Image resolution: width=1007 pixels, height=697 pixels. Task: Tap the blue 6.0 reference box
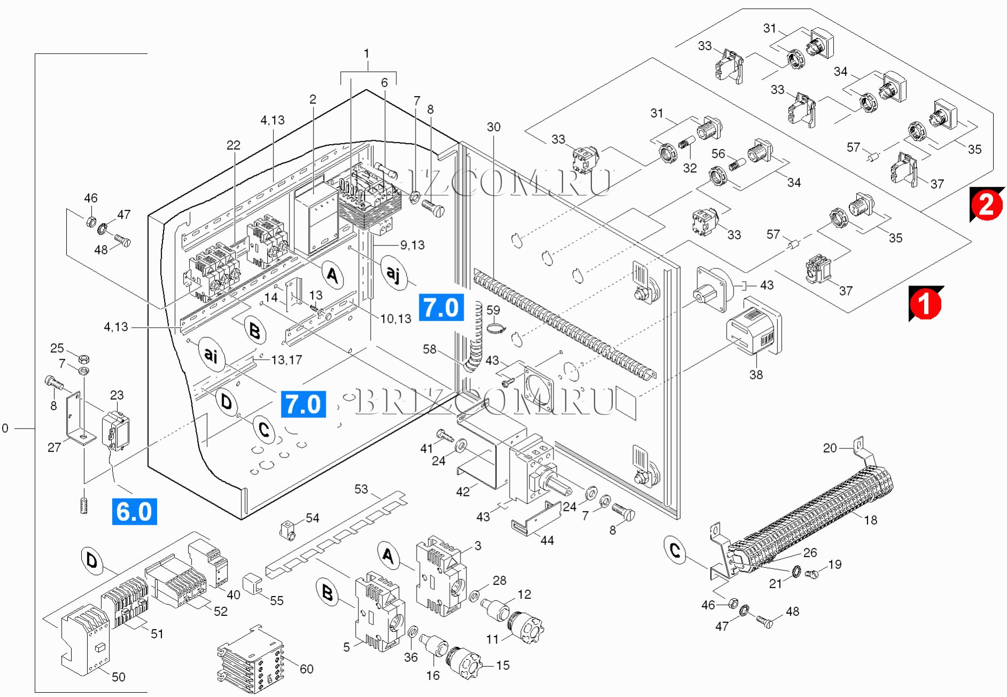[134, 511]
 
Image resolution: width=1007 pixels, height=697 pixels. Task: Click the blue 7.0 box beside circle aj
[441, 308]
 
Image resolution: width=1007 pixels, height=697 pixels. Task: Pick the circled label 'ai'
[211, 354]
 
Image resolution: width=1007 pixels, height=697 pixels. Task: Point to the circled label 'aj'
[393, 273]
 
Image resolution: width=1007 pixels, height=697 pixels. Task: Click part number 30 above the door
[493, 127]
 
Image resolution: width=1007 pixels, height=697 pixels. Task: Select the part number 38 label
[755, 375]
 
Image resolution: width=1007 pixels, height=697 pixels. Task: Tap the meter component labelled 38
[754, 328]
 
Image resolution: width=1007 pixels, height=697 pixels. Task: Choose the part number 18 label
[870, 520]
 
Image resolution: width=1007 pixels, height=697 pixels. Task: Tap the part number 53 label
[361, 489]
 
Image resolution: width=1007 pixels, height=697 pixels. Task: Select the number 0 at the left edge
[5, 428]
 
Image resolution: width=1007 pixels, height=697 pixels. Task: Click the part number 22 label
[233, 145]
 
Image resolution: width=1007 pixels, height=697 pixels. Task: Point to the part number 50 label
[118, 677]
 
